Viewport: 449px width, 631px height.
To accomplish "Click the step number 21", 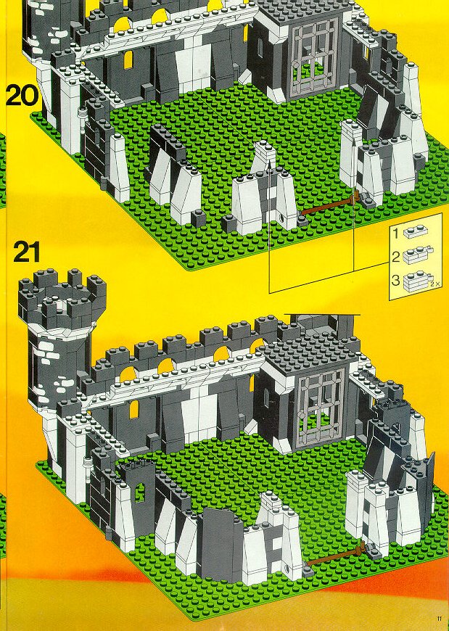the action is (27, 252).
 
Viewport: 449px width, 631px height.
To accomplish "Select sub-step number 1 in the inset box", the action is (395, 233).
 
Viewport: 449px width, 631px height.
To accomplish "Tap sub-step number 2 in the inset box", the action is (395, 256).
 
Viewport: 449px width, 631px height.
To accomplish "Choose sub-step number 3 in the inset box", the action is (395, 280).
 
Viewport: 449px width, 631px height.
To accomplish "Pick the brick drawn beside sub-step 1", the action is (415, 231).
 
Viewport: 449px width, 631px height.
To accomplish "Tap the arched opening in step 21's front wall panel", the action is (139, 492).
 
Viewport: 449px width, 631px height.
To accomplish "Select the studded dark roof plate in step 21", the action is (310, 351).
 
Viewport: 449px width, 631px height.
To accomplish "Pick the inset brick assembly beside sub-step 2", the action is (418, 255).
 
